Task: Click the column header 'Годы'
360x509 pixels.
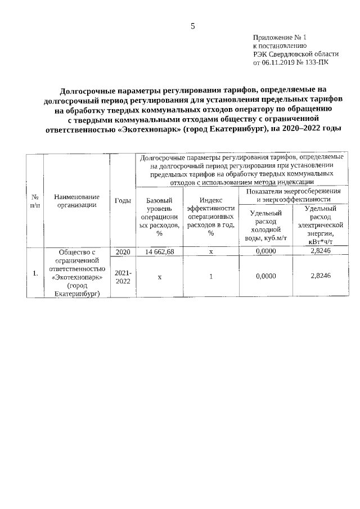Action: point(123,201)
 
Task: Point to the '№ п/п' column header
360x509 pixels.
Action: point(35,201)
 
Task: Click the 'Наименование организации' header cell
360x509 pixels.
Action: point(77,201)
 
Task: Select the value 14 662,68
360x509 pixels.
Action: point(160,252)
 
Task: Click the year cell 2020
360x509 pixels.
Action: point(123,252)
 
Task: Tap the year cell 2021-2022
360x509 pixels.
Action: point(123,276)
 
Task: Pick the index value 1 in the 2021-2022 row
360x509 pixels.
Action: point(211,276)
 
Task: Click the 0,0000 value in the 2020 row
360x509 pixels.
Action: point(265,252)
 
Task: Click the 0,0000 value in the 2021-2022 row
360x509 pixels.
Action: point(265,276)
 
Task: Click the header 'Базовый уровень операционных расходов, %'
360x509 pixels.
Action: point(160,217)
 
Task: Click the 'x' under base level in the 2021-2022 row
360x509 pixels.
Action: point(160,276)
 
